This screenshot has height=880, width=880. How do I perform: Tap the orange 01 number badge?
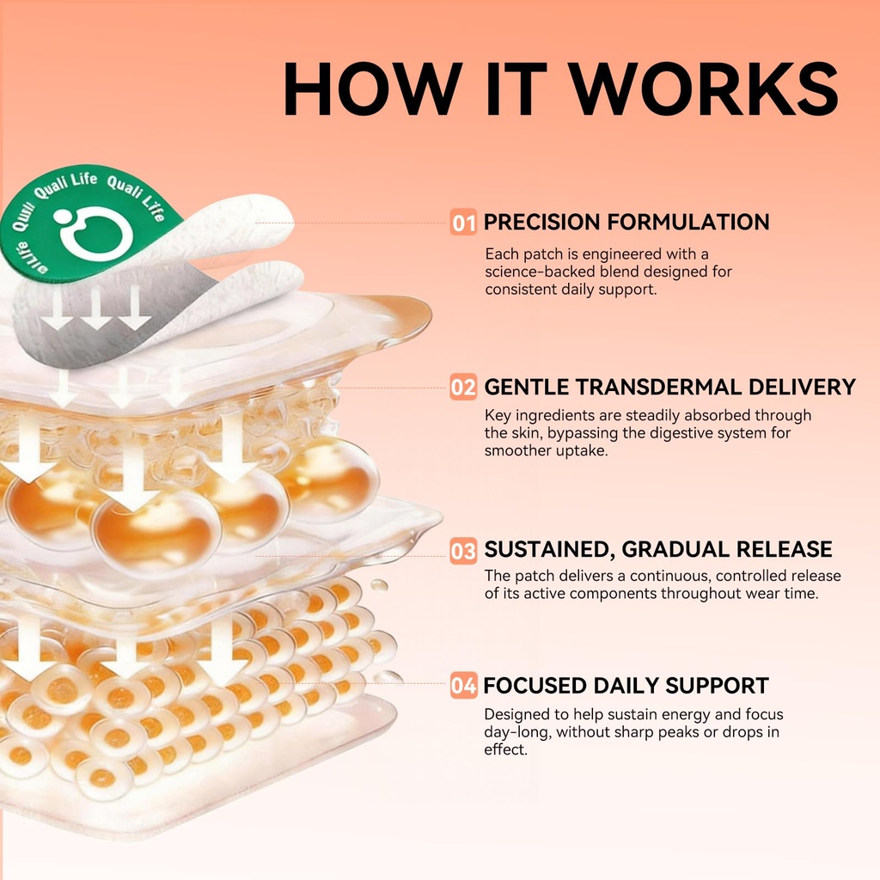coord(463,223)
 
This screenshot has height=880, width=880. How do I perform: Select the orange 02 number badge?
coord(463,388)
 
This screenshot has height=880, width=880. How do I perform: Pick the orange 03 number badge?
coord(463,551)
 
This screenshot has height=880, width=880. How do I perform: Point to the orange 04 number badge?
coord(463,685)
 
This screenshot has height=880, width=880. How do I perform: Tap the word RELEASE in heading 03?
coord(784,549)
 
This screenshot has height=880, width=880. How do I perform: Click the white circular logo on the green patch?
coord(95,232)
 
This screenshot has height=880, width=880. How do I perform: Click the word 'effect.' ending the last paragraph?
coord(505,749)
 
